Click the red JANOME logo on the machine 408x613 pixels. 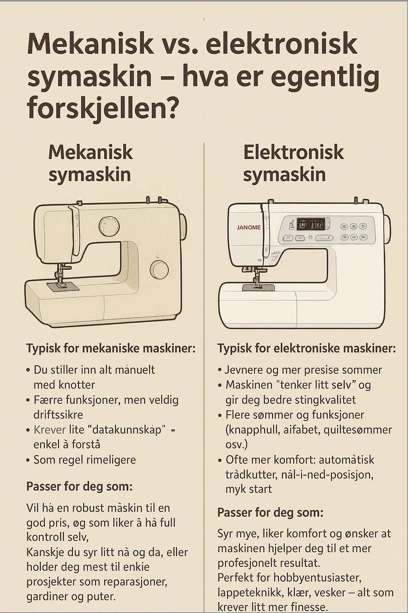(249, 227)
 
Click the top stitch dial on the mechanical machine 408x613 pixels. (109, 226)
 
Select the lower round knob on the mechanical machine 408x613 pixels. (159, 270)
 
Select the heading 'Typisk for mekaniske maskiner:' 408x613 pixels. (111, 349)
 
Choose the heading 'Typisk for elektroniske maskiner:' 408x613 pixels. (307, 349)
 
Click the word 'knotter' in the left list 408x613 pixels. (77, 385)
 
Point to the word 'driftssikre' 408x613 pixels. (58, 415)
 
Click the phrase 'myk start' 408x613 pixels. (249, 489)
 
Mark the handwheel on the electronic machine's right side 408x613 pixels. (387, 229)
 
